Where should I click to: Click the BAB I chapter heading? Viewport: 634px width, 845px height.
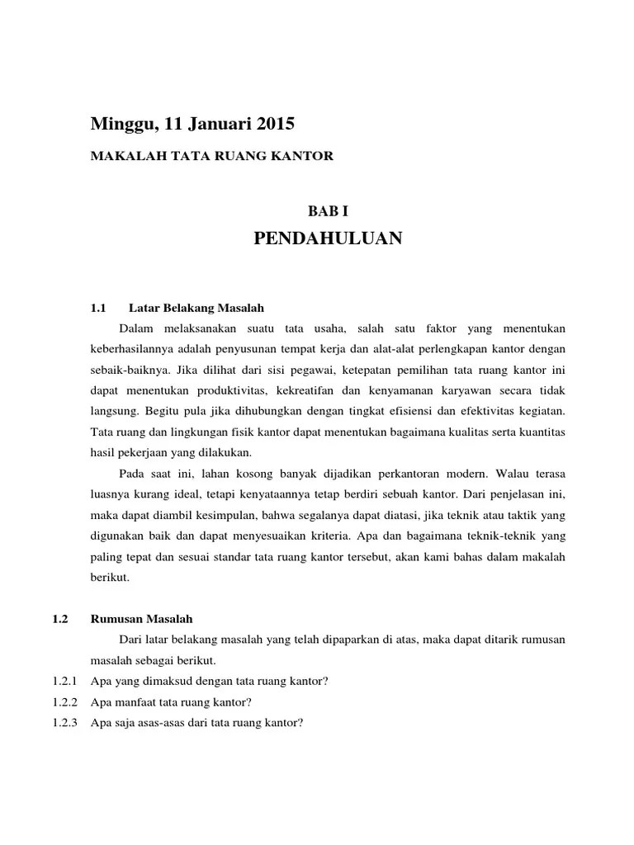pos(328,211)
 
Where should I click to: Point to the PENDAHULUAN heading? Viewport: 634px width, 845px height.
pos(328,239)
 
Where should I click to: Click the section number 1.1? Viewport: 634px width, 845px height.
pos(99,309)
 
